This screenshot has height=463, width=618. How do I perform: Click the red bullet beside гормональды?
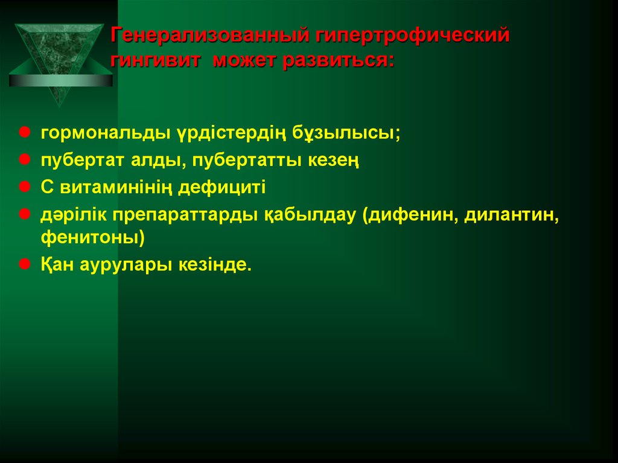[26, 132]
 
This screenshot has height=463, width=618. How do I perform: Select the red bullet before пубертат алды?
[26, 159]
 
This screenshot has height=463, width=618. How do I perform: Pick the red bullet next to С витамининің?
[26, 187]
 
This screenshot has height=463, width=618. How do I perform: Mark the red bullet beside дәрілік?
[26, 214]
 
